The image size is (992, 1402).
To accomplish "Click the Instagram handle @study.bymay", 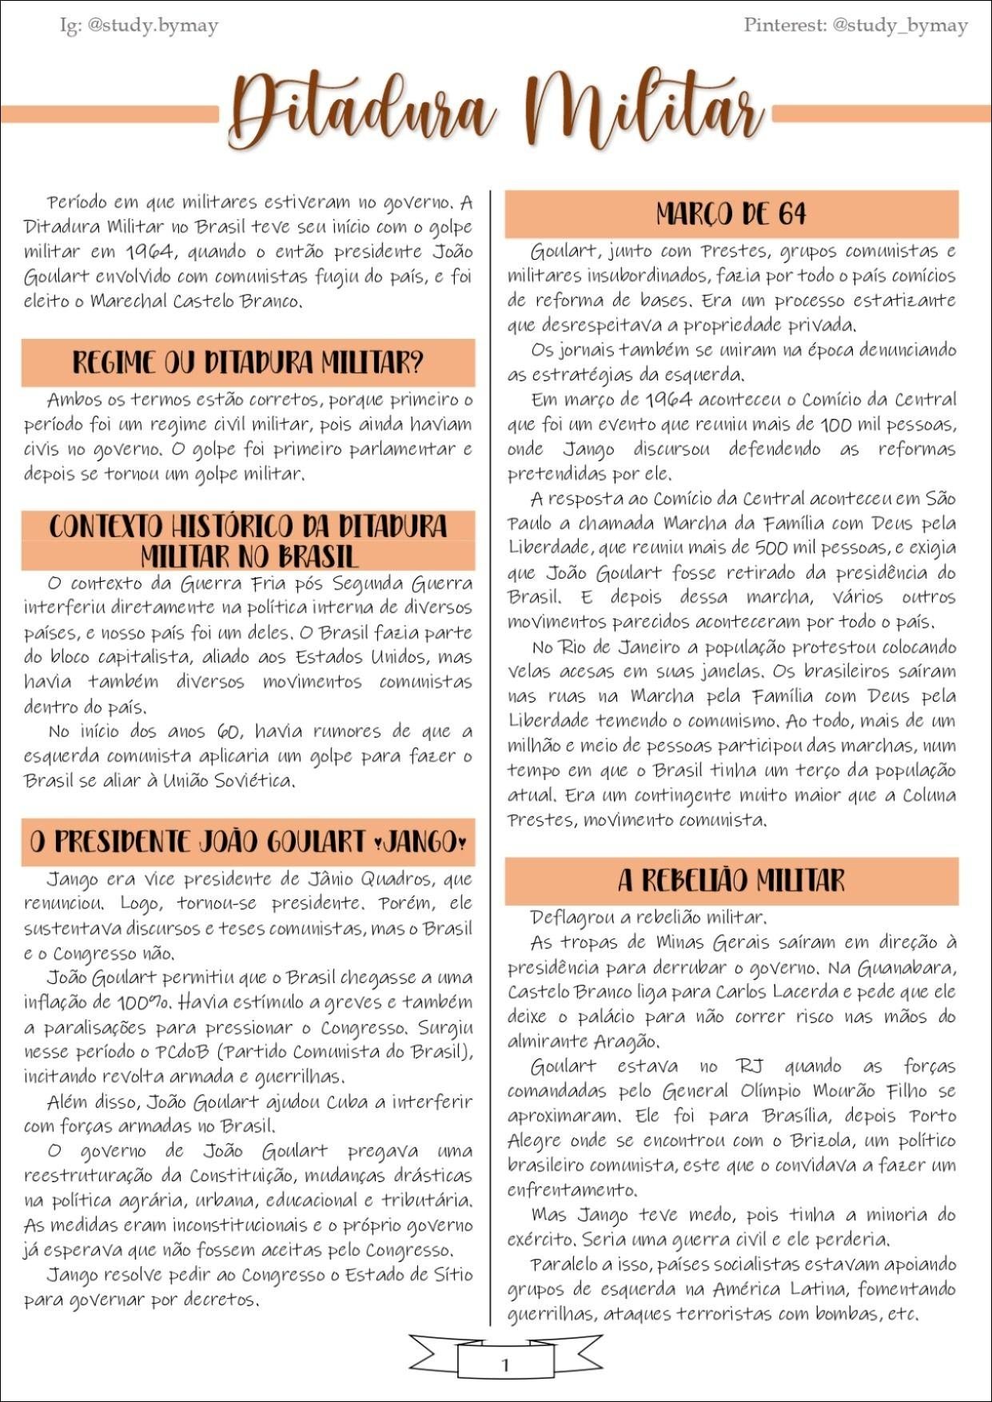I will [x=152, y=26].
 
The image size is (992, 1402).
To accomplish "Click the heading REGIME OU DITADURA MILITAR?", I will [x=248, y=363].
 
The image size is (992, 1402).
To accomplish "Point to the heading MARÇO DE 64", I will [x=731, y=214].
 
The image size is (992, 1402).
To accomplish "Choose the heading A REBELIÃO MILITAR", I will [x=731, y=881].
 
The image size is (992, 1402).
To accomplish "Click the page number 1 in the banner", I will [x=504, y=1364].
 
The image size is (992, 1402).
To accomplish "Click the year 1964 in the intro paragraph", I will [x=149, y=252].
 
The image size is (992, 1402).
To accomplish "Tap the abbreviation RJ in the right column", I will [x=750, y=1066].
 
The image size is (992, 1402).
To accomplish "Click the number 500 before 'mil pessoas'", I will [x=773, y=548].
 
